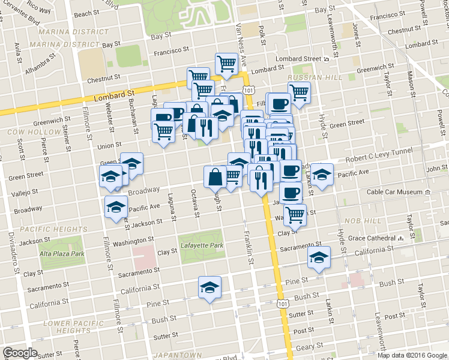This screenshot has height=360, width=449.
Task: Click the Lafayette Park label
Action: click(x=201, y=245)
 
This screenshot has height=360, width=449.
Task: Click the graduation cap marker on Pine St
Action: click(x=210, y=287)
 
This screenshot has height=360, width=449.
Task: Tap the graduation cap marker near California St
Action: click(x=319, y=257)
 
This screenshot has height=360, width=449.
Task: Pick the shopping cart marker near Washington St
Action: click(x=295, y=214)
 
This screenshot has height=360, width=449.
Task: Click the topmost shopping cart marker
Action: click(x=226, y=63)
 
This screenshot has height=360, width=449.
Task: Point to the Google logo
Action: click(x=20, y=353)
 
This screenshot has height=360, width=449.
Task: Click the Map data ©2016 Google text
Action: click(x=412, y=355)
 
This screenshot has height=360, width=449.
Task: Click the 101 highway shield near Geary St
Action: click(x=283, y=304)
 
